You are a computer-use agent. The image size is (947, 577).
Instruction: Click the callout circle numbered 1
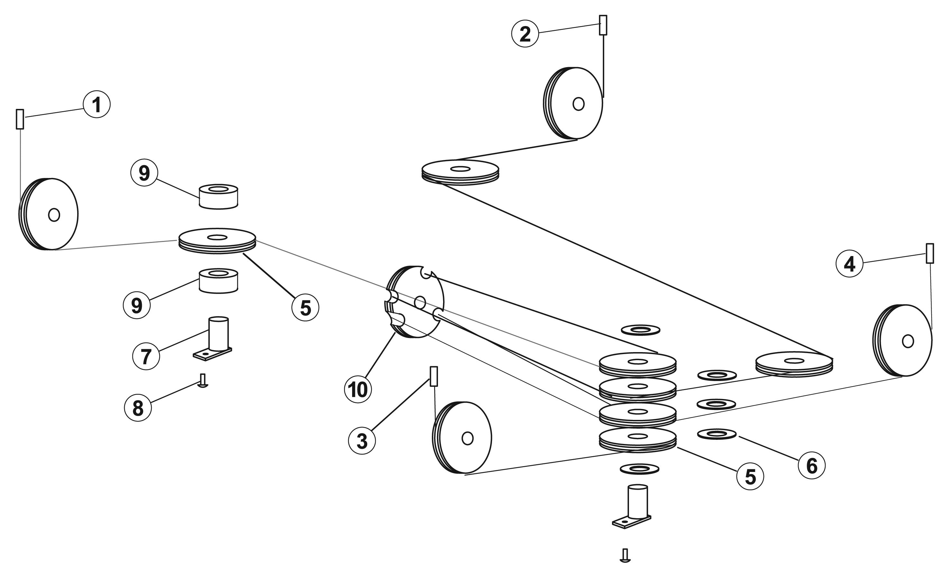pyautogui.click(x=96, y=104)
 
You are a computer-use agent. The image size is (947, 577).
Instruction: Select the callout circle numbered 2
pyautogui.click(x=525, y=34)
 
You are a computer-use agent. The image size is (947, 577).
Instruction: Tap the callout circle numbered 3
pyautogui.click(x=362, y=441)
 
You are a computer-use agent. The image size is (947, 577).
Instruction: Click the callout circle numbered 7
pyautogui.click(x=146, y=356)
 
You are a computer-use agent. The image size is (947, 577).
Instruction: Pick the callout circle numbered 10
pyautogui.click(x=358, y=389)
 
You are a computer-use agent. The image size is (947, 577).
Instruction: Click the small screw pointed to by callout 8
pyautogui.click(x=203, y=381)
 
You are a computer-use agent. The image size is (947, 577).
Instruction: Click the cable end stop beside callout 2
pyautogui.click(x=603, y=25)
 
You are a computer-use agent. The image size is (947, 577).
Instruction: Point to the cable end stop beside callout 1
pyautogui.click(x=20, y=119)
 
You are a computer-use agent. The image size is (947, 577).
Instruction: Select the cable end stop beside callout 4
pyautogui.click(x=930, y=253)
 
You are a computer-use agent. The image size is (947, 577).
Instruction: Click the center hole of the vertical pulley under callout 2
pyautogui.click(x=578, y=104)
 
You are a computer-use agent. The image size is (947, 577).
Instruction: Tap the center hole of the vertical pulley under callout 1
pyautogui.click(x=54, y=215)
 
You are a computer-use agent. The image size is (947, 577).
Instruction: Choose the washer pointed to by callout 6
pyautogui.click(x=717, y=434)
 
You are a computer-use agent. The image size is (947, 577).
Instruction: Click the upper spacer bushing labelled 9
pyautogui.click(x=218, y=197)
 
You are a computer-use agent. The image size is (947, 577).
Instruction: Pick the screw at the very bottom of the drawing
pyautogui.click(x=625, y=555)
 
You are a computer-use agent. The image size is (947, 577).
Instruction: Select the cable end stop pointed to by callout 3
pyautogui.click(x=433, y=376)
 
